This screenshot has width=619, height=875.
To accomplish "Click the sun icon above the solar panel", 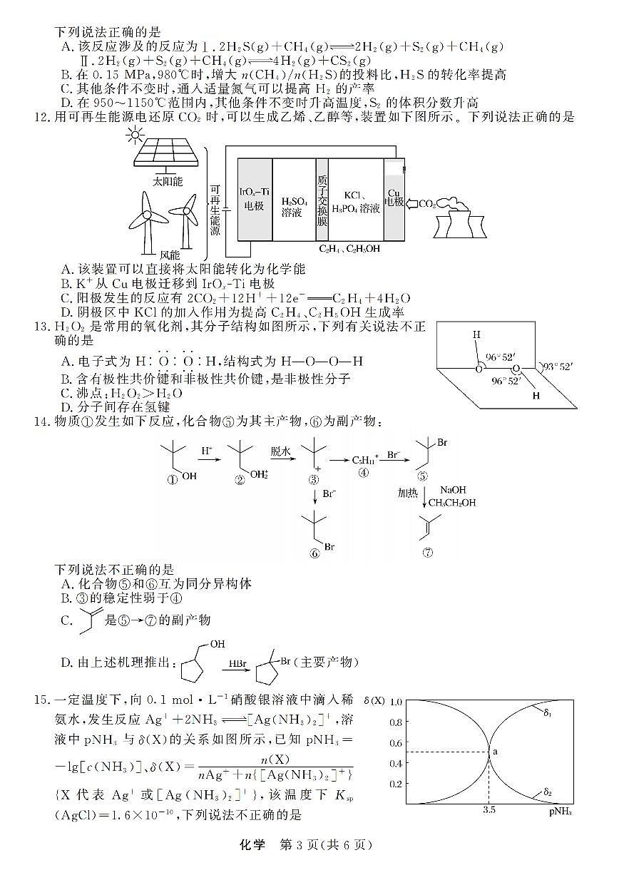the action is coord(134,135).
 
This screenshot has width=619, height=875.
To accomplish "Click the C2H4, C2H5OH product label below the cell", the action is coord(349,249).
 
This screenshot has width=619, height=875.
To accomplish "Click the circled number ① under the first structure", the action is coord(171,479).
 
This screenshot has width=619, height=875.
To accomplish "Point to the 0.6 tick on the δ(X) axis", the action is coord(394,742).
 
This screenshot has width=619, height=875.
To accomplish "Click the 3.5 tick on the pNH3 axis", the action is coord(489,810).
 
